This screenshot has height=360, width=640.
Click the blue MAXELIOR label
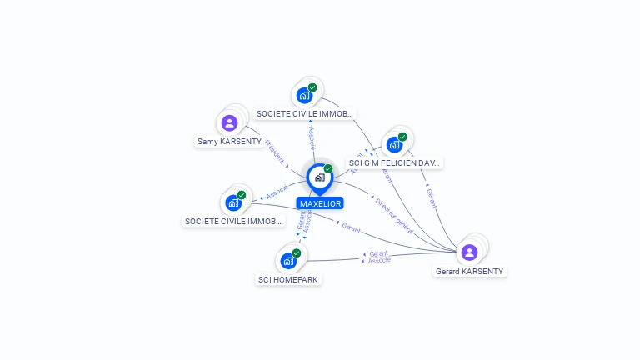coord(320,203)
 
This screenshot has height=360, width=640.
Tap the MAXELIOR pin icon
coord(319,177)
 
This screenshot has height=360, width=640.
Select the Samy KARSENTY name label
coord(229,142)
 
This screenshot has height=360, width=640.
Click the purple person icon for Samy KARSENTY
coord(230,123)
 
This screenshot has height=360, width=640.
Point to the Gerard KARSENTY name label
coord(470,271)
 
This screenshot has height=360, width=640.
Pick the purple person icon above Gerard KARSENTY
coord(469,252)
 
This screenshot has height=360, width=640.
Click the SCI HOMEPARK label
coord(288,279)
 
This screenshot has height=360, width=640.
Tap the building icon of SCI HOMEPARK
coord(288,261)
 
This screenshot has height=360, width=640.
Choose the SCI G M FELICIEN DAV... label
coord(395,162)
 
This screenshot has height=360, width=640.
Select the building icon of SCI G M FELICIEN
coord(394,145)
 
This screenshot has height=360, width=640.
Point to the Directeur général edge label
coord(394,213)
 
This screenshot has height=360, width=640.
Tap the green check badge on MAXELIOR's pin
coord(328,169)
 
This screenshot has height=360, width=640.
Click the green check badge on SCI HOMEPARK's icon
coord(297,252)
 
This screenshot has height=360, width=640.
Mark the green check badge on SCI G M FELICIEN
coord(402,137)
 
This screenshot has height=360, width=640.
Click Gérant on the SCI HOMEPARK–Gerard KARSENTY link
coord(379,253)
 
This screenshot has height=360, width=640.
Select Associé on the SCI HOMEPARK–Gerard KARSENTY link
coord(379,261)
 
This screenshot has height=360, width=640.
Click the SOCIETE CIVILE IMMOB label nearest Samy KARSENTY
coord(305,113)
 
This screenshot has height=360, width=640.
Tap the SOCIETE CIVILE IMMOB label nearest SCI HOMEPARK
coord(234,222)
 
